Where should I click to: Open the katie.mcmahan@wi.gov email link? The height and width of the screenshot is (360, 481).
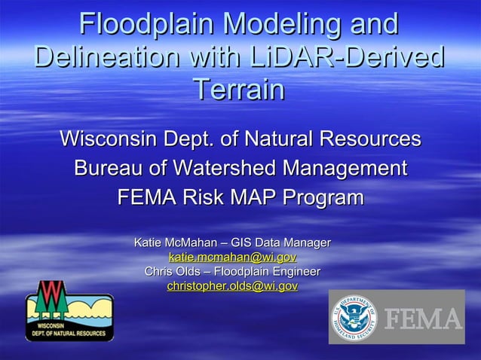point(232,257)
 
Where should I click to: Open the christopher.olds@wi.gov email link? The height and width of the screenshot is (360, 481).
point(232,286)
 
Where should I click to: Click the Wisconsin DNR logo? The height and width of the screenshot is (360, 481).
point(69,310)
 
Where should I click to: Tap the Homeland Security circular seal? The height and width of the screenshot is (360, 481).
point(353,316)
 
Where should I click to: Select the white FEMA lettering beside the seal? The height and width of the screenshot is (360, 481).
point(424,319)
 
